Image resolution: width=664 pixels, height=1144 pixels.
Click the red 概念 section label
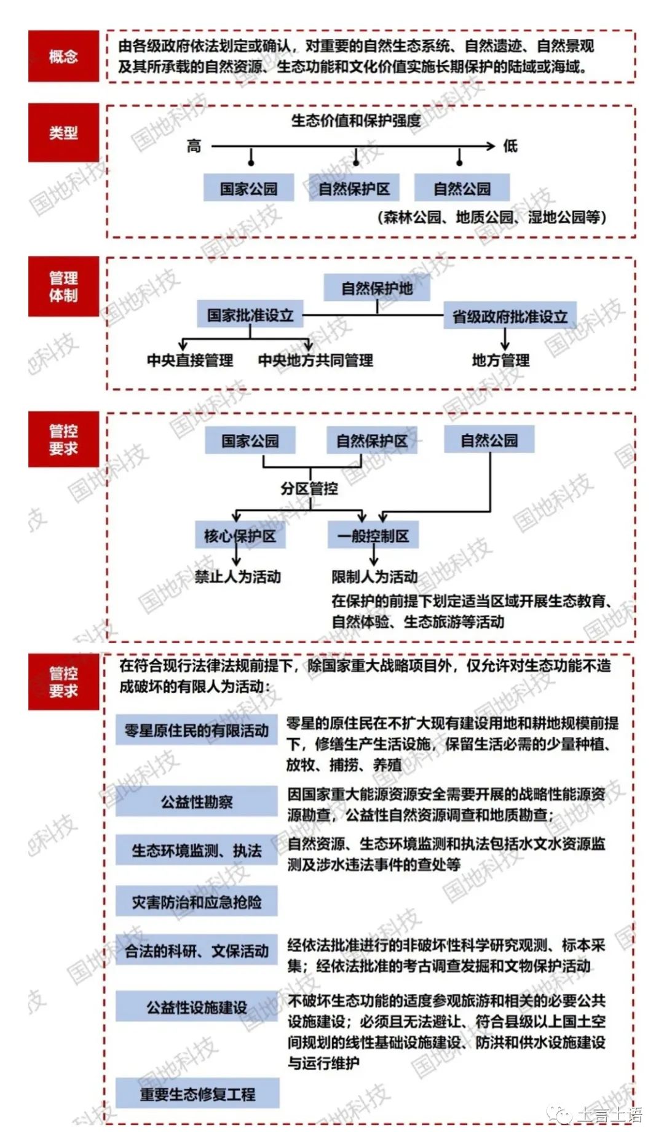point(63,57)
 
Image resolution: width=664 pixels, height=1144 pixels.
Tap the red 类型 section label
point(63,132)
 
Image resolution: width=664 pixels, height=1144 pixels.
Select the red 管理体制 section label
point(63,287)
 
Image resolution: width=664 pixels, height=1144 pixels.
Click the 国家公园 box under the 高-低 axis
point(249,188)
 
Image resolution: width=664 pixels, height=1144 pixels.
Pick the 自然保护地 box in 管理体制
point(377,288)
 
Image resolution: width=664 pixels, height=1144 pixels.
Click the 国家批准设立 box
point(250,315)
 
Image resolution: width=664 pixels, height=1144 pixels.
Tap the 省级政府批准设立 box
point(510,316)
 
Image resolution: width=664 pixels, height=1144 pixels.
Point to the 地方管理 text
point(500,360)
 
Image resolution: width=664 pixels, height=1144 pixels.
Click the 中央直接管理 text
point(190,360)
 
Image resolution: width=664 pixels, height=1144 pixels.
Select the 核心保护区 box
point(240,536)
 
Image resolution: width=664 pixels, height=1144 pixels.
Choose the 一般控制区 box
point(373,536)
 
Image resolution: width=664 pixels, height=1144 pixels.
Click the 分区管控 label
point(309,489)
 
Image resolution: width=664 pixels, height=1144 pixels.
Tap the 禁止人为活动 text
point(238,577)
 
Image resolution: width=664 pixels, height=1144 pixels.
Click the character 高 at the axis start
point(194,146)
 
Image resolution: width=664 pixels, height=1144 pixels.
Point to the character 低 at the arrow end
point(510,146)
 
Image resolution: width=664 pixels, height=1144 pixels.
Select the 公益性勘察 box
point(197,801)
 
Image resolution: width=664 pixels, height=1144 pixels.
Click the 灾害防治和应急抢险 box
point(197,902)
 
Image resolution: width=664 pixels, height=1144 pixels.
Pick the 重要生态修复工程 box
point(197,1094)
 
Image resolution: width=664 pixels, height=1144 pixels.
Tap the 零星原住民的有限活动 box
point(197,730)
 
